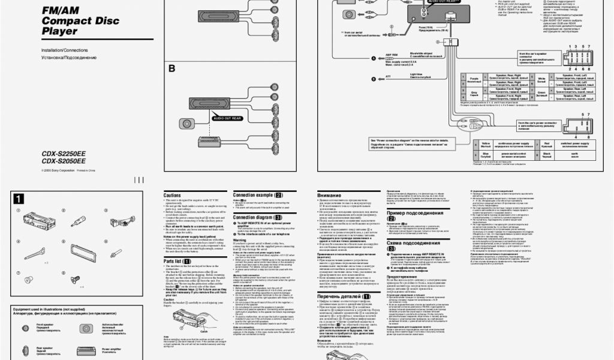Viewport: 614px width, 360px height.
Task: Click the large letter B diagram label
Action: (x=171, y=69)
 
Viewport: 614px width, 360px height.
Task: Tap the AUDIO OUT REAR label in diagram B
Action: (x=227, y=118)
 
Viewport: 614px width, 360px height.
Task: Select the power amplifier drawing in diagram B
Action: (x=212, y=142)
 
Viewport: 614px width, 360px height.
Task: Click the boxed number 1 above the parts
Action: (x=19, y=199)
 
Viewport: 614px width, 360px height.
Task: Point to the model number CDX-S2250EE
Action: (x=63, y=153)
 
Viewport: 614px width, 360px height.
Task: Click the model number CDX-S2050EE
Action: (x=63, y=161)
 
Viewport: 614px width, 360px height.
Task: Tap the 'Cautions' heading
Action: (x=172, y=196)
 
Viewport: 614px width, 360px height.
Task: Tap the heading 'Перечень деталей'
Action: (x=344, y=296)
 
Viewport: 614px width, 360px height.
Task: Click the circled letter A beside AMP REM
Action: (x=373, y=58)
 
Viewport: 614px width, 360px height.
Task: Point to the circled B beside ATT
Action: (x=373, y=79)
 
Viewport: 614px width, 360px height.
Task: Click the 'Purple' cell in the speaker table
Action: (x=474, y=79)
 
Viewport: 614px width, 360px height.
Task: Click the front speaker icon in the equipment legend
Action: (x=28, y=327)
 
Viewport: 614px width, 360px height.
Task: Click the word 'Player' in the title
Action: (x=59, y=31)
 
